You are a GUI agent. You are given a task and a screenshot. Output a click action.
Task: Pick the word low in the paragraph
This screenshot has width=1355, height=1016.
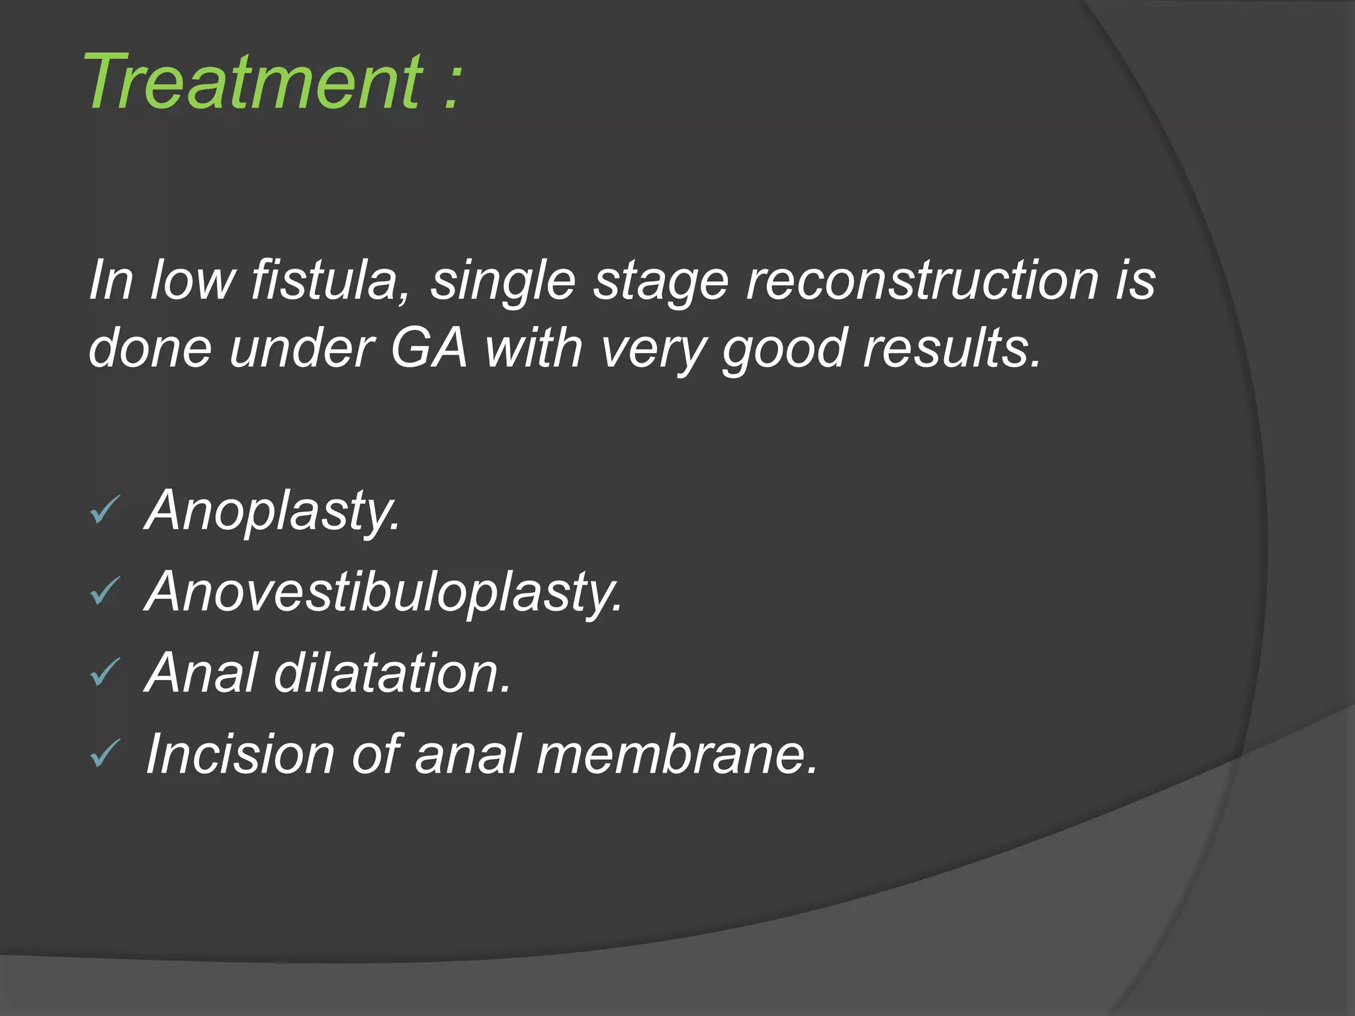click(193, 280)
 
